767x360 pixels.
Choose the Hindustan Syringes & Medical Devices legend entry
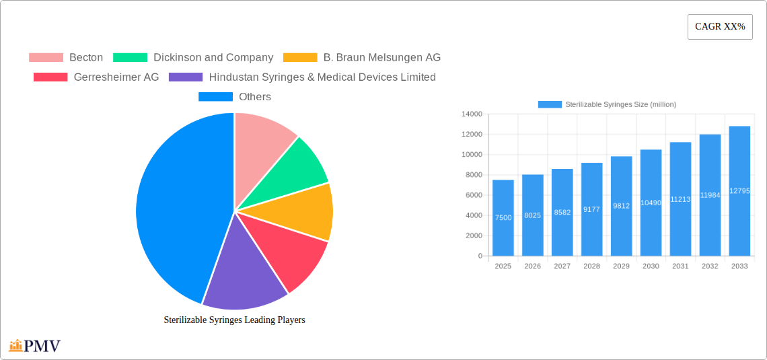click(302, 77)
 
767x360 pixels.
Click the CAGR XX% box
click(719, 27)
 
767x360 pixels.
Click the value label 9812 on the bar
click(621, 206)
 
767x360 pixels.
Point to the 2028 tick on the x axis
click(591, 266)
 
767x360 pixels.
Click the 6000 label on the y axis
click(473, 195)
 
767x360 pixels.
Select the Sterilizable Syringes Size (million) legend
click(608, 104)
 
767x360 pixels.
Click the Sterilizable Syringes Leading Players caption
click(234, 320)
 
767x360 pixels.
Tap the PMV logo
click(35, 346)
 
